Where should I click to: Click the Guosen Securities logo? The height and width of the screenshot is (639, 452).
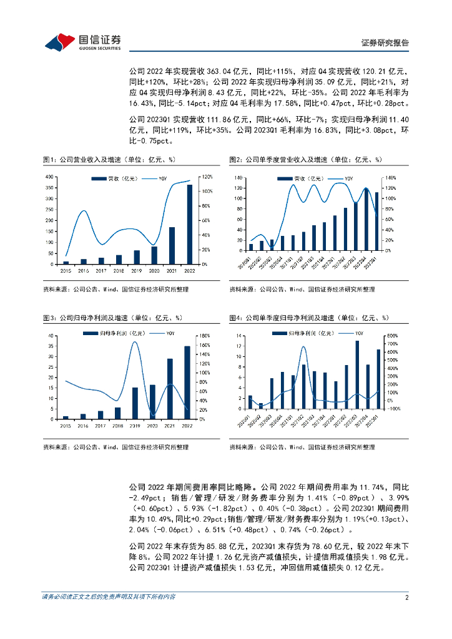coord(82,41)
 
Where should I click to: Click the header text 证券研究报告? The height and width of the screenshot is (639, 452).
coord(385,43)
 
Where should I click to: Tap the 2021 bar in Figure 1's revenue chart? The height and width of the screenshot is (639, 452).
coord(172,245)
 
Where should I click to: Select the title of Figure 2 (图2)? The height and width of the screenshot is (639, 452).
coord(306,160)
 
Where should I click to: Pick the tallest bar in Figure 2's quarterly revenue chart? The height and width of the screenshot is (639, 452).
coord(366,219)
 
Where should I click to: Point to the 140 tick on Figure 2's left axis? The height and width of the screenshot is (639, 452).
coord(238,178)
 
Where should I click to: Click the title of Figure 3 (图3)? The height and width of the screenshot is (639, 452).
coord(112,319)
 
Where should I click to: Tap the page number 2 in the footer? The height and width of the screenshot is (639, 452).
coord(406,597)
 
